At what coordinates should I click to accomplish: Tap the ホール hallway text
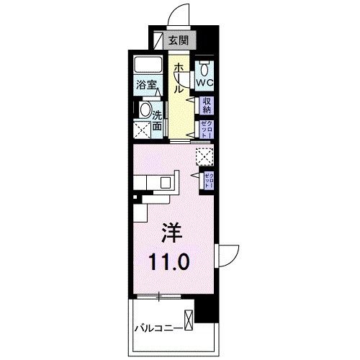point(177,77)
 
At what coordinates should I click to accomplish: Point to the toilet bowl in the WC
point(205,69)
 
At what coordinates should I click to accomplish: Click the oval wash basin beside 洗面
point(145,112)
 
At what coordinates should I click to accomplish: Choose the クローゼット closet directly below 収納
point(206,130)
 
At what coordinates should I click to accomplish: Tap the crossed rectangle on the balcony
point(189,319)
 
